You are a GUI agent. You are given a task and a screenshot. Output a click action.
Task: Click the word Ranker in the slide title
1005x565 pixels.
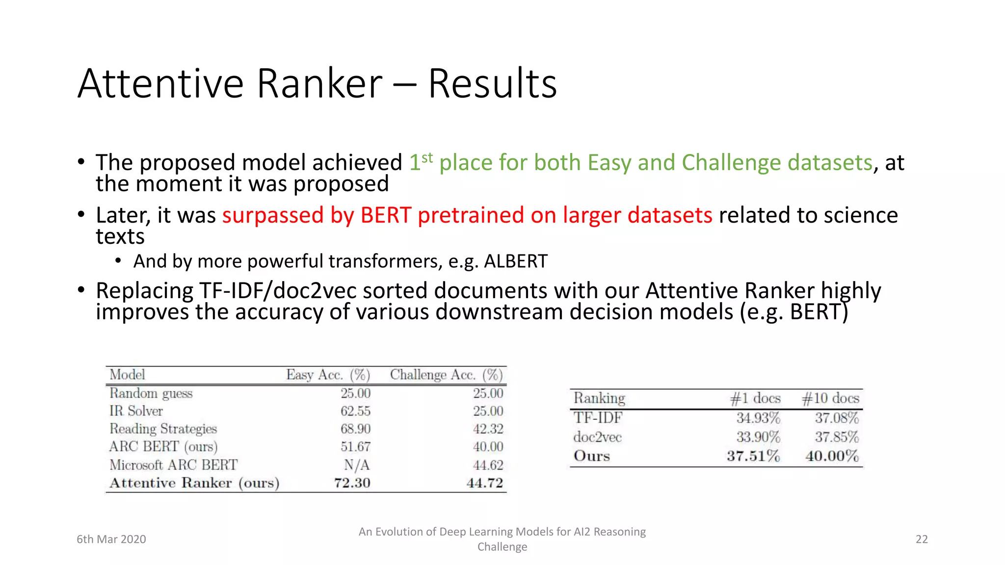pyautogui.click(x=319, y=84)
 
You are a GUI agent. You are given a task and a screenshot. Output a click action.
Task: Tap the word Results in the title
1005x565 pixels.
pyautogui.click(x=492, y=84)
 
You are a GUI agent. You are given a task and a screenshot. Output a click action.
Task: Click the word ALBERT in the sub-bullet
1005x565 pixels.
pyautogui.click(x=515, y=261)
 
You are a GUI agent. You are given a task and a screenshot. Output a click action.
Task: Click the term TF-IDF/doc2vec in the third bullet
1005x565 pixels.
pyautogui.click(x=278, y=291)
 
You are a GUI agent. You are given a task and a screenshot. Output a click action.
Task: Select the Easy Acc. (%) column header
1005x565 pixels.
pyautogui.click(x=328, y=375)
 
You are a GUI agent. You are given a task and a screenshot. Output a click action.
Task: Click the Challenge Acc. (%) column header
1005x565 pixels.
pyautogui.click(x=446, y=375)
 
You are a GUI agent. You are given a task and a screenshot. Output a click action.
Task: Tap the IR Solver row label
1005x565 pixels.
pyautogui.click(x=136, y=411)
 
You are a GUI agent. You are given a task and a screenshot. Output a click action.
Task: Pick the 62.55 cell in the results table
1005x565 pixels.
pyautogui.click(x=355, y=411)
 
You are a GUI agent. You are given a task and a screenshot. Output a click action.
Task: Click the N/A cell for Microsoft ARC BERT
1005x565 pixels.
pyautogui.click(x=357, y=464)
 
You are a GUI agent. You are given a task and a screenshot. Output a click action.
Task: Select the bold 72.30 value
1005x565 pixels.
pyautogui.click(x=352, y=483)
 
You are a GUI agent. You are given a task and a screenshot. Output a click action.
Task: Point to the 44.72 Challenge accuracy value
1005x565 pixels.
pyautogui.click(x=484, y=483)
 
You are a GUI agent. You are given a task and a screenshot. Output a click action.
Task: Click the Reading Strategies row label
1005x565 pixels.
pyautogui.click(x=163, y=429)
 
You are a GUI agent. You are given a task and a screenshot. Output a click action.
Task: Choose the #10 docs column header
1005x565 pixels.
pyautogui.click(x=830, y=398)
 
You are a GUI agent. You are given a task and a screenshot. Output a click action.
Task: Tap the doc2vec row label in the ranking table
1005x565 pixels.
pyautogui.click(x=597, y=437)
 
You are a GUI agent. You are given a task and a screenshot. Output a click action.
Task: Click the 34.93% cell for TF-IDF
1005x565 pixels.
pyautogui.click(x=758, y=418)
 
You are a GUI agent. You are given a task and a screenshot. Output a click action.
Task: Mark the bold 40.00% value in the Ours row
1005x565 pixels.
pyautogui.click(x=832, y=456)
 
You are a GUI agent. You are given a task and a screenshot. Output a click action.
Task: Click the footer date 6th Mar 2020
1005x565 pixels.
pyautogui.click(x=111, y=539)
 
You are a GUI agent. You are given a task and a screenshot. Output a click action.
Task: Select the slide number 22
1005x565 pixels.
pyautogui.click(x=922, y=539)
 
